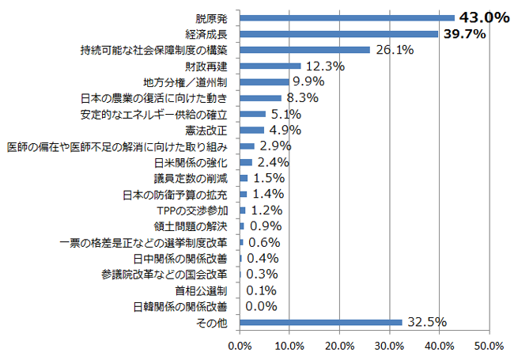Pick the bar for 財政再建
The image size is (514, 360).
[x=270, y=66]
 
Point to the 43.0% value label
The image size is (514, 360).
[x=483, y=17]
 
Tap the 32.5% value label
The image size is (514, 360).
[x=426, y=322]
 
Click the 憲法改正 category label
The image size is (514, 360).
[x=207, y=130]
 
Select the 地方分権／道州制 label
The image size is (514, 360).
[x=185, y=81]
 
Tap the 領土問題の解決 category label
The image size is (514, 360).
[x=194, y=226]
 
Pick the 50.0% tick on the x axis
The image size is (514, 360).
[x=489, y=346]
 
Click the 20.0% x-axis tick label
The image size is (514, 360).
[x=339, y=346]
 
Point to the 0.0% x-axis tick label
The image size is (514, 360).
[x=240, y=346]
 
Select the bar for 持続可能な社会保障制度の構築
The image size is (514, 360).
[x=304, y=50]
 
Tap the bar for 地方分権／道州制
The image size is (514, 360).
[x=264, y=81]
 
